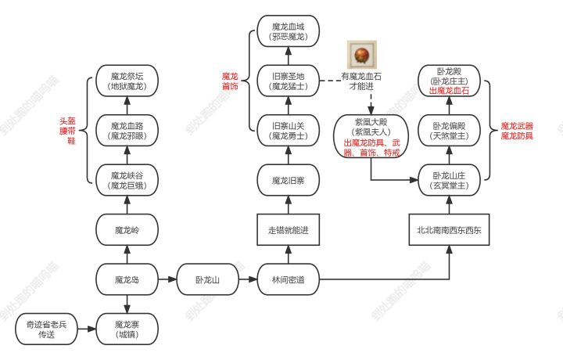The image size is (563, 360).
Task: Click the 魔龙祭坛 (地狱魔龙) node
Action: (127, 81)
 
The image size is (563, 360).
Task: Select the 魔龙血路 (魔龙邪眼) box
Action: (127, 131)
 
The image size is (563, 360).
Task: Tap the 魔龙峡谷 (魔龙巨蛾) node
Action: (127, 180)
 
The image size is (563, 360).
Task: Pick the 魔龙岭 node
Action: (127, 229)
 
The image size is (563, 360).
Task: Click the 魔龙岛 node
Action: (127, 279)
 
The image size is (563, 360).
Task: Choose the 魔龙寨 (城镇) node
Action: (127, 329)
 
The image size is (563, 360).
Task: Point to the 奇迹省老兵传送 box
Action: (46, 329)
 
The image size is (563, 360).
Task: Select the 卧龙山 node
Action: (207, 279)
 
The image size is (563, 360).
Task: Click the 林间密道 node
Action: (288, 279)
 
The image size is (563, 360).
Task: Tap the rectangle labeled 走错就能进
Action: (288, 229)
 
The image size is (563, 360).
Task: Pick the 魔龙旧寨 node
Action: (288, 180)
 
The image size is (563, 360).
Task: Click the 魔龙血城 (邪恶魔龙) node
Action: (288, 31)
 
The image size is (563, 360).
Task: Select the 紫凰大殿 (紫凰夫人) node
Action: (371, 136)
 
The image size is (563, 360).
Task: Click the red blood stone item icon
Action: (361, 55)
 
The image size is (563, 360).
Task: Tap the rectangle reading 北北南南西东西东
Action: (449, 229)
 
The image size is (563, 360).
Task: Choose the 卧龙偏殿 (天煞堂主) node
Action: (449, 131)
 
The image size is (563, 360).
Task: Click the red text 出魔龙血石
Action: (449, 91)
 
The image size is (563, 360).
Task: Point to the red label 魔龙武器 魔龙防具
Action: (517, 131)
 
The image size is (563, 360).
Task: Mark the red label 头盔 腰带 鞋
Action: (68, 131)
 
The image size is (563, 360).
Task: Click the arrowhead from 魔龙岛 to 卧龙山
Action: (172, 279)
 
